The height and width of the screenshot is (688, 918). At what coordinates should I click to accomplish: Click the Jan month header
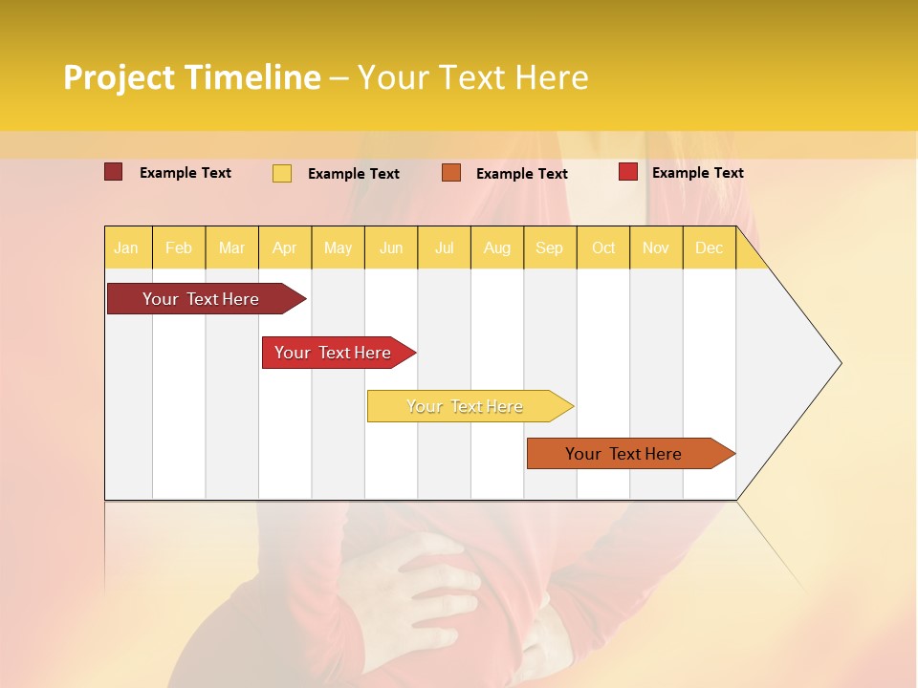pyautogui.click(x=126, y=248)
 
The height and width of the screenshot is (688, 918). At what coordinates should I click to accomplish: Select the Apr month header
pyautogui.click(x=285, y=248)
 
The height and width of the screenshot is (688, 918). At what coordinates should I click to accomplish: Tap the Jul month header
pyautogui.click(x=445, y=248)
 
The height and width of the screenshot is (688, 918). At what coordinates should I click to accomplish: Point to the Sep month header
pyautogui.click(x=550, y=248)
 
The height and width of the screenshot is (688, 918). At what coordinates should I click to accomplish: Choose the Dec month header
pyautogui.click(x=710, y=248)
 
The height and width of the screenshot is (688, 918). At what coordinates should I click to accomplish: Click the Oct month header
pyautogui.click(x=603, y=248)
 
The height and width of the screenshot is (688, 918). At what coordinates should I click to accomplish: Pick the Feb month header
pyautogui.click(x=179, y=248)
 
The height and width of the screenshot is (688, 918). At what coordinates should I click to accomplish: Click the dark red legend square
pyautogui.click(x=113, y=172)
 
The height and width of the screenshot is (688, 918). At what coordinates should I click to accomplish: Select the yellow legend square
pyautogui.click(x=281, y=173)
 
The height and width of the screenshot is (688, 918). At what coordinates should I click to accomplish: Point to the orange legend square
pyautogui.click(x=451, y=173)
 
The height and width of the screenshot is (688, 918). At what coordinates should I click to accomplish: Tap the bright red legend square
pyautogui.click(x=627, y=172)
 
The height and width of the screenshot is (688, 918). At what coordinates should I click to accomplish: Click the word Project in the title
pyautogui.click(x=120, y=77)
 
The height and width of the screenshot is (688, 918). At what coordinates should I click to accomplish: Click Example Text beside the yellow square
pyautogui.click(x=353, y=174)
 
